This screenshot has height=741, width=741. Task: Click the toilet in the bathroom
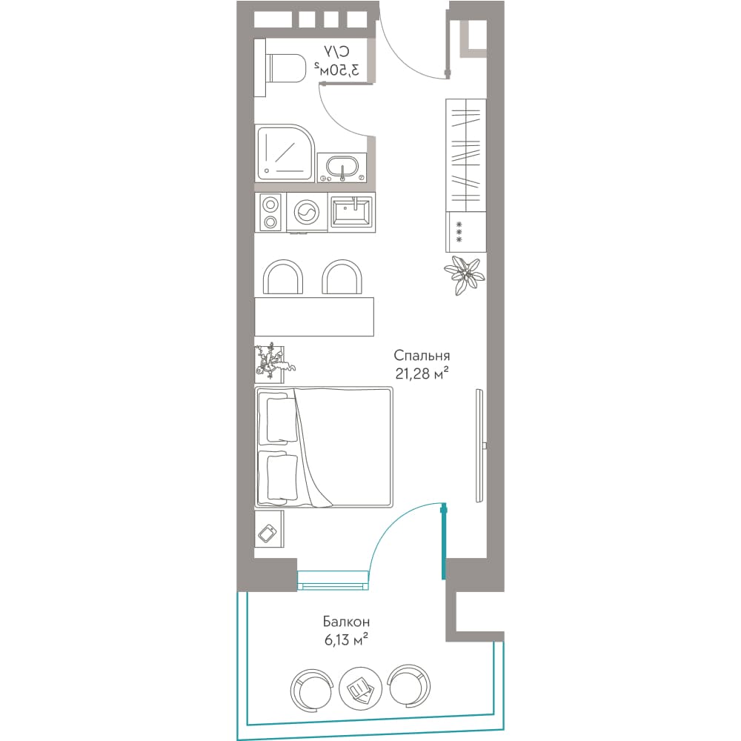point(280,68)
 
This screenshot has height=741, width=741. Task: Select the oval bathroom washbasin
point(342,167)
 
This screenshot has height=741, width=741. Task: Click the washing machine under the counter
point(307,213)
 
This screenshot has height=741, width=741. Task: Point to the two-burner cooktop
point(270,213)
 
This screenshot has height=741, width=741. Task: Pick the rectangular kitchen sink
point(352,212)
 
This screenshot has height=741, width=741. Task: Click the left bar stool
point(282,277)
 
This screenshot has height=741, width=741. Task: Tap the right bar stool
point(342,277)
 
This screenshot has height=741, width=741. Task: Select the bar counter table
point(314,316)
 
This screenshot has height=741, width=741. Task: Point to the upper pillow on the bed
point(282,419)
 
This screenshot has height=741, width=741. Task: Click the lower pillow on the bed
point(282,476)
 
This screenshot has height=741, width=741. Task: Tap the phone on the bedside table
point(268,534)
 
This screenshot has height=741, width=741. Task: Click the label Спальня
point(422,356)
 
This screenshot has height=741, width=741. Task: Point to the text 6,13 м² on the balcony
point(346,640)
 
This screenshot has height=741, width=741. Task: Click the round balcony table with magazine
point(361,688)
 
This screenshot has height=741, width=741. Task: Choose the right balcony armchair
point(409,685)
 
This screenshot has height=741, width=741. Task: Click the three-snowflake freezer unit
point(466,232)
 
